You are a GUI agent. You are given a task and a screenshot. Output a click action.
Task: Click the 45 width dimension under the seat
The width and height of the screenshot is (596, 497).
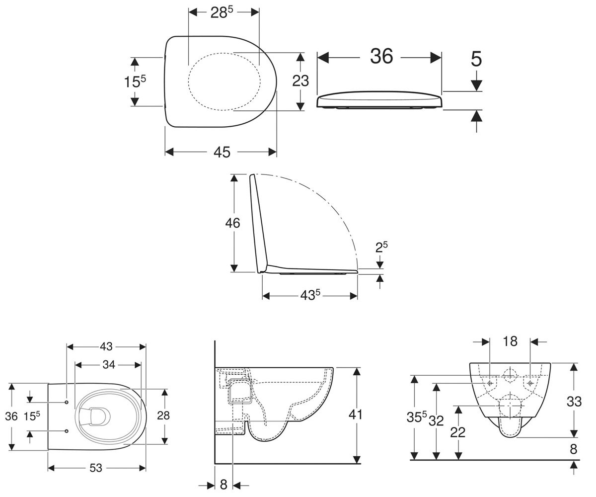click(222, 152)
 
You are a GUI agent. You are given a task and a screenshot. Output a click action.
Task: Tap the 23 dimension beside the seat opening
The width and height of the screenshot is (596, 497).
click(300, 81)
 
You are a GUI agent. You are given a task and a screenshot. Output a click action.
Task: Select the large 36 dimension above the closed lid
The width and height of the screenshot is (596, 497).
click(381, 56)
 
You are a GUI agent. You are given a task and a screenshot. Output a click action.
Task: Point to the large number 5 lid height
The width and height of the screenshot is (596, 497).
click(476, 59)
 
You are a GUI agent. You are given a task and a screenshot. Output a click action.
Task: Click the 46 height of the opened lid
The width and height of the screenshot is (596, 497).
click(232, 223)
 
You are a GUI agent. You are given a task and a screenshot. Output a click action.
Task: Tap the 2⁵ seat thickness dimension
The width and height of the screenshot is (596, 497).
click(381, 247)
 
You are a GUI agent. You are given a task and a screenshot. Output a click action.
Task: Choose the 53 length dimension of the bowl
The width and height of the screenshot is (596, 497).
click(96, 468)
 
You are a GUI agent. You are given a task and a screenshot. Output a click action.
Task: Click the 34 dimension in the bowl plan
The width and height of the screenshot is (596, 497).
click(109, 365)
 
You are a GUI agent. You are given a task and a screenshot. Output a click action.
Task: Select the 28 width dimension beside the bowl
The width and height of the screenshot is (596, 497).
click(163, 415)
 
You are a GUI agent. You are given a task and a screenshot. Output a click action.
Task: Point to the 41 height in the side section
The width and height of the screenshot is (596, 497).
click(356, 414)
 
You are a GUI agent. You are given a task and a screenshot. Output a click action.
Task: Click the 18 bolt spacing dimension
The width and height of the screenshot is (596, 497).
click(510, 341)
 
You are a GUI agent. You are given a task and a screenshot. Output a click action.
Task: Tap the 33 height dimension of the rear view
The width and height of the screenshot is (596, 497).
click(574, 402)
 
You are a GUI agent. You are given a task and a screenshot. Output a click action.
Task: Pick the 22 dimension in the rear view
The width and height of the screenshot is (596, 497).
click(458, 432)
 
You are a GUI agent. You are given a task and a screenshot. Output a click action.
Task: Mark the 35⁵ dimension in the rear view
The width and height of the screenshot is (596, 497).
click(417, 417)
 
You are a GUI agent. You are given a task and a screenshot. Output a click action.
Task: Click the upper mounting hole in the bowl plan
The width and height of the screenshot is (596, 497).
click(67, 402)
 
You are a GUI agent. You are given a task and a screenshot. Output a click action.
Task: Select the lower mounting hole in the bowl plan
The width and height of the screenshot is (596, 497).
click(67, 431)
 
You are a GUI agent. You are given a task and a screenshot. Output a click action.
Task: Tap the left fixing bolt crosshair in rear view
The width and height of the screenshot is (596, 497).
click(490, 383)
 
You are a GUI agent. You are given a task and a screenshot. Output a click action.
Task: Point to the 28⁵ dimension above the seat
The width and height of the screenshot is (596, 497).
click(222, 12)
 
